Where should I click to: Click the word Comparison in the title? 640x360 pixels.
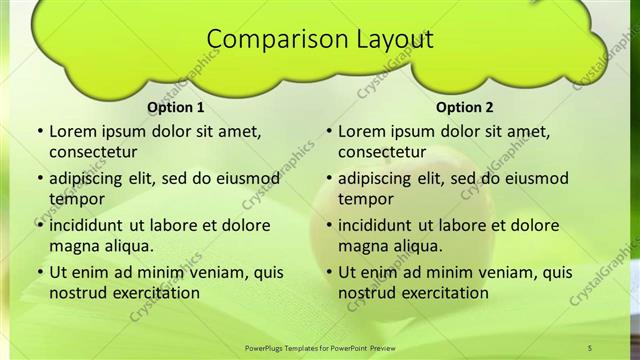265,40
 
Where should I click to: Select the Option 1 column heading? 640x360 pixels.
175,107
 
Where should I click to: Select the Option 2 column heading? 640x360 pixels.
464,107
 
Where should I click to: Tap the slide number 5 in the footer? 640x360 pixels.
590,347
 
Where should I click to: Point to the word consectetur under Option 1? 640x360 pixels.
93,152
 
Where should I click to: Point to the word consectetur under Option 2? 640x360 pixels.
382,152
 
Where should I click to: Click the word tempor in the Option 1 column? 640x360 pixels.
73,199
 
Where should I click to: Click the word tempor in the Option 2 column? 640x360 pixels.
362,199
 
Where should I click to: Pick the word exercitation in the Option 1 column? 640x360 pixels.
155,293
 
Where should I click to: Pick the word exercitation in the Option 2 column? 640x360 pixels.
444,293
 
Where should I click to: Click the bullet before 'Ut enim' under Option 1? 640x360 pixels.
39,272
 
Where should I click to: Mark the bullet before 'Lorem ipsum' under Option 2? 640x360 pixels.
328,131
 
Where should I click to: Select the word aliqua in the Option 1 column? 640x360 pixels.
126,246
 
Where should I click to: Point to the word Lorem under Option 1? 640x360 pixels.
71,131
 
